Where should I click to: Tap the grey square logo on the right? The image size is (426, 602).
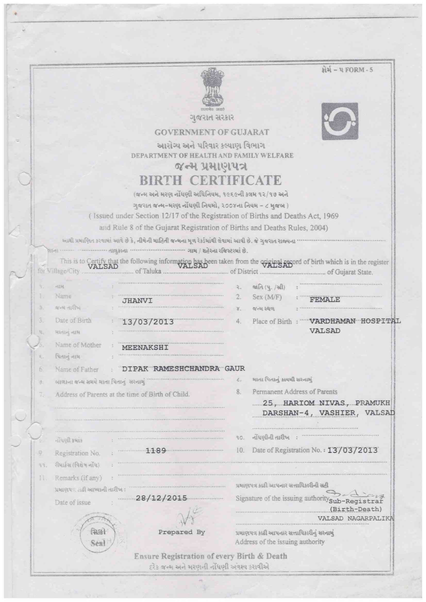(340, 121)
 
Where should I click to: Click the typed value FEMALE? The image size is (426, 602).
(325, 299)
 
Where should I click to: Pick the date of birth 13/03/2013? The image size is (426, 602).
(148, 322)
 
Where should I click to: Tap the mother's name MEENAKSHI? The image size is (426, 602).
(145, 348)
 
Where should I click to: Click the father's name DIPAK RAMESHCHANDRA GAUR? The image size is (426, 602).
(183, 368)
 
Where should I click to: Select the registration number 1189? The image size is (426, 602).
(156, 451)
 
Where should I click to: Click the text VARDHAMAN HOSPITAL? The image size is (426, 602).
(355, 321)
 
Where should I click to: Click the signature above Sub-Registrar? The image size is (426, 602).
(356, 494)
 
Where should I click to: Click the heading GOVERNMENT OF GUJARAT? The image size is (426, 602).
(212, 132)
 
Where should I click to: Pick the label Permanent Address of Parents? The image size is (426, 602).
(295, 392)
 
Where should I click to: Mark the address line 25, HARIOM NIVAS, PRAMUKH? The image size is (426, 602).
(327, 403)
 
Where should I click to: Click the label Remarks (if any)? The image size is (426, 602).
(78, 478)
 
